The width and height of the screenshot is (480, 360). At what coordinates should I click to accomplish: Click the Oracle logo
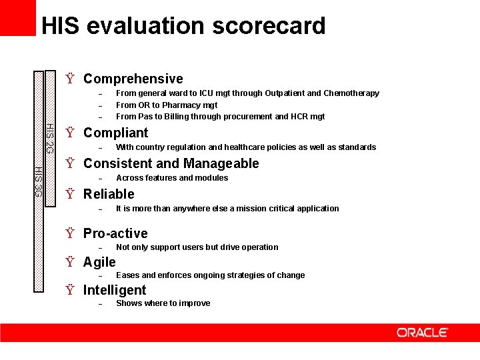422,332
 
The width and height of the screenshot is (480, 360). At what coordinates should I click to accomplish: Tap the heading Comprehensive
133,79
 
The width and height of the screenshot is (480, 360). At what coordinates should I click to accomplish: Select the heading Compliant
115,133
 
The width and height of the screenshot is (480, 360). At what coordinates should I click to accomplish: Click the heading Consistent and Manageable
171,163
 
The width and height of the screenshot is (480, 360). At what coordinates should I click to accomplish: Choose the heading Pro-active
115,233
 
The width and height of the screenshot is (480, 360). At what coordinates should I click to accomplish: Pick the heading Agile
99,262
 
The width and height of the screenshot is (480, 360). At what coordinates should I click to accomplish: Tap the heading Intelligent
114,290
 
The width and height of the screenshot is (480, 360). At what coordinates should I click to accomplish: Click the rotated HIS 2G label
50,139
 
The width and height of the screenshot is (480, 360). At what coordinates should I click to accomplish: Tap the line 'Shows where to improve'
163,303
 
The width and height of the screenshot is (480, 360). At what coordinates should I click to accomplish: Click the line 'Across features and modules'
172,178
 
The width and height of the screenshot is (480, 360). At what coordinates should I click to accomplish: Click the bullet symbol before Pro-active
69,234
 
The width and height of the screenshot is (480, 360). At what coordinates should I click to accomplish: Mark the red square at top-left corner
17,17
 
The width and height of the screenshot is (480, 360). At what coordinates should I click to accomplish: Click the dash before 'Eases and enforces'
99,276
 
